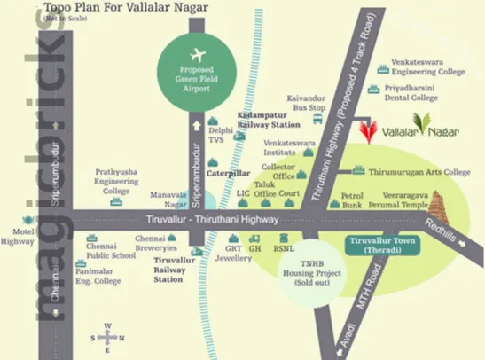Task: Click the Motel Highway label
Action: (x=17, y=235)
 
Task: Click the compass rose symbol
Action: (x=106, y=336)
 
